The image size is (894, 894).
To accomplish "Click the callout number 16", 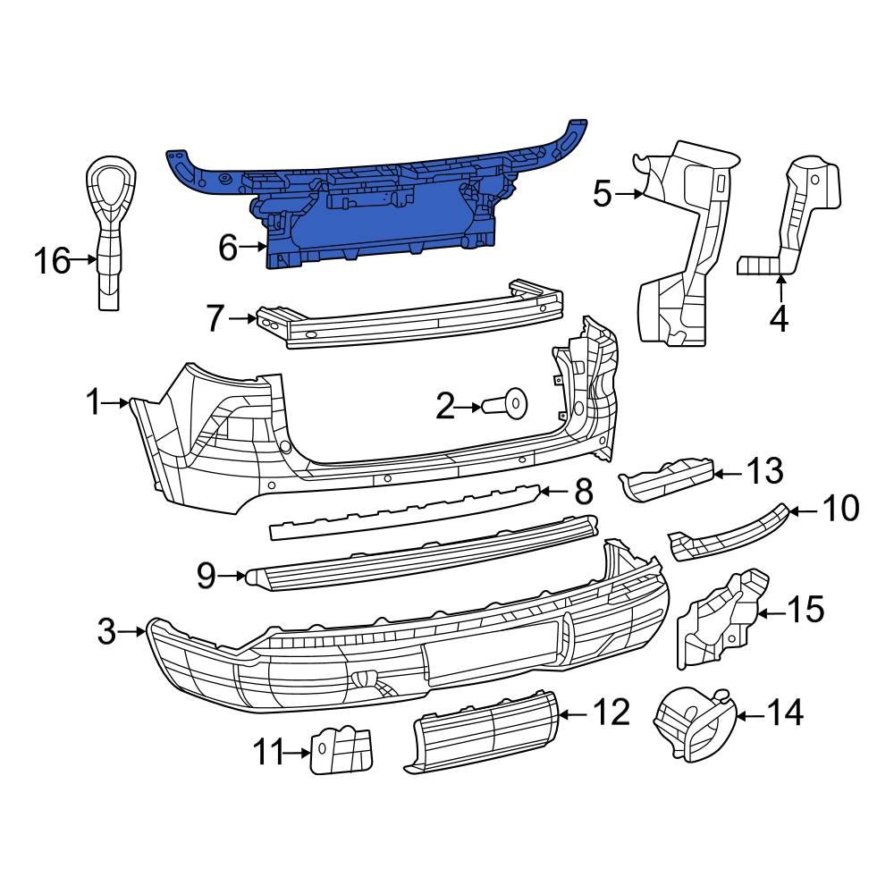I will point(51,261).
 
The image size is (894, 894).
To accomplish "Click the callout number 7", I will point(215,318).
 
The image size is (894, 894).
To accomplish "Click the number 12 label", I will point(611,713).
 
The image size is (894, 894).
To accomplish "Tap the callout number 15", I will point(805,611).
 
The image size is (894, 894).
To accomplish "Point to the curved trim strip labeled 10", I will point(729,536).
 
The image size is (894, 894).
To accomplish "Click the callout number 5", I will point(602,192).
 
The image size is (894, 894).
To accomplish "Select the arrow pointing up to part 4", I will point(780,288).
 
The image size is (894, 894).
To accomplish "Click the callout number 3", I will point(106,633).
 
